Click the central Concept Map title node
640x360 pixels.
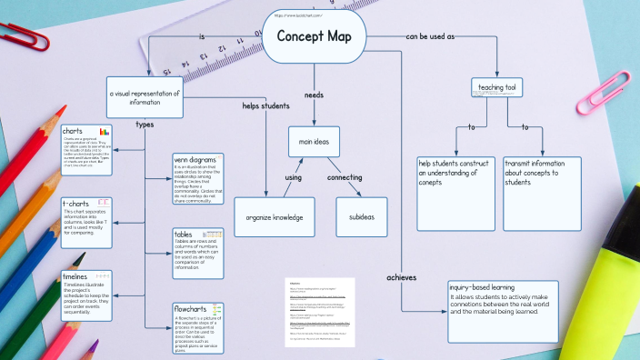pos(315,37)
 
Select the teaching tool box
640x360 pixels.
pos(497,87)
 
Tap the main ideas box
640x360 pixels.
pos(314,140)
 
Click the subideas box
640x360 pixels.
pos(362,216)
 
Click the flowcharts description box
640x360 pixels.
pos(197,328)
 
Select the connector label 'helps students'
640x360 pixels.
pos(265,105)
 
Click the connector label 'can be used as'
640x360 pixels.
pos(430,36)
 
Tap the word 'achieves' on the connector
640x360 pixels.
pos(401,276)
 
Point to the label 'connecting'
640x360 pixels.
pos(345,176)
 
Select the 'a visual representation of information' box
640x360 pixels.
pos(145,96)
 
